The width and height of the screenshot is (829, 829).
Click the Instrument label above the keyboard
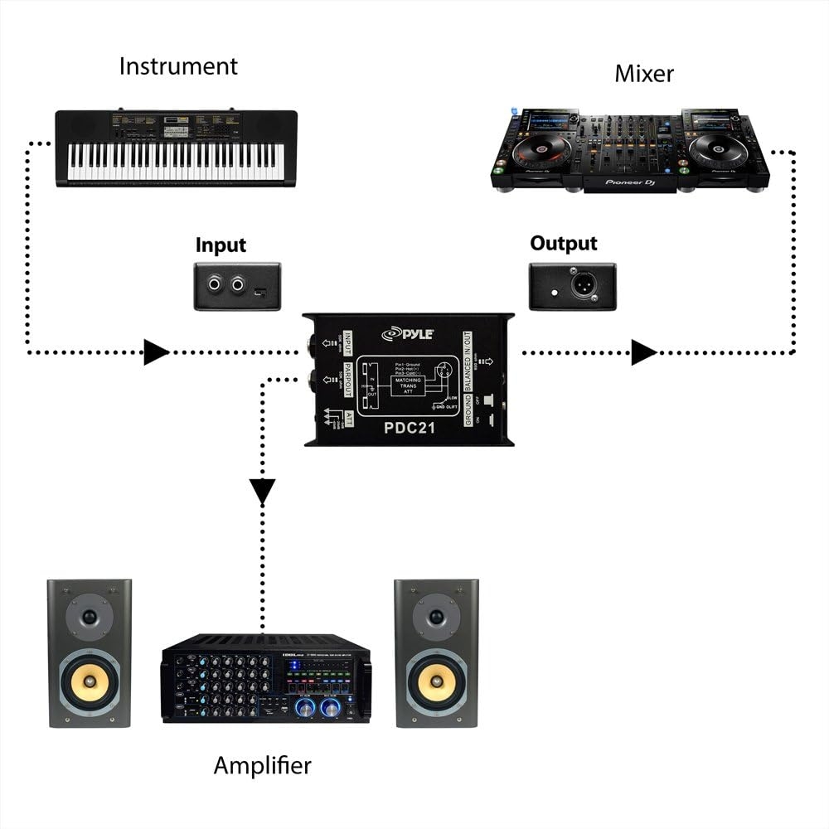coord(178,66)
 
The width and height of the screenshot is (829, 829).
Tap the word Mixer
coord(644,74)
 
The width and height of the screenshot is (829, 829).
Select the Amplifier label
coord(262,764)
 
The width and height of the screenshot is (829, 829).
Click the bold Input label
coord(221,245)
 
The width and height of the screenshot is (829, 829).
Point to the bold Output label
coord(564,244)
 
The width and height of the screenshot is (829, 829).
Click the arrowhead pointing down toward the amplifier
coord(263,493)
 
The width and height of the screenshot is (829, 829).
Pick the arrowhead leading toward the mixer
coord(643,352)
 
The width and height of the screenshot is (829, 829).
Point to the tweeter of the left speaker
coord(89,618)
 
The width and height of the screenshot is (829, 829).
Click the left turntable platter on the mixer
coord(540,152)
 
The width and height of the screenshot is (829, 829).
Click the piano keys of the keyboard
coord(175,162)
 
